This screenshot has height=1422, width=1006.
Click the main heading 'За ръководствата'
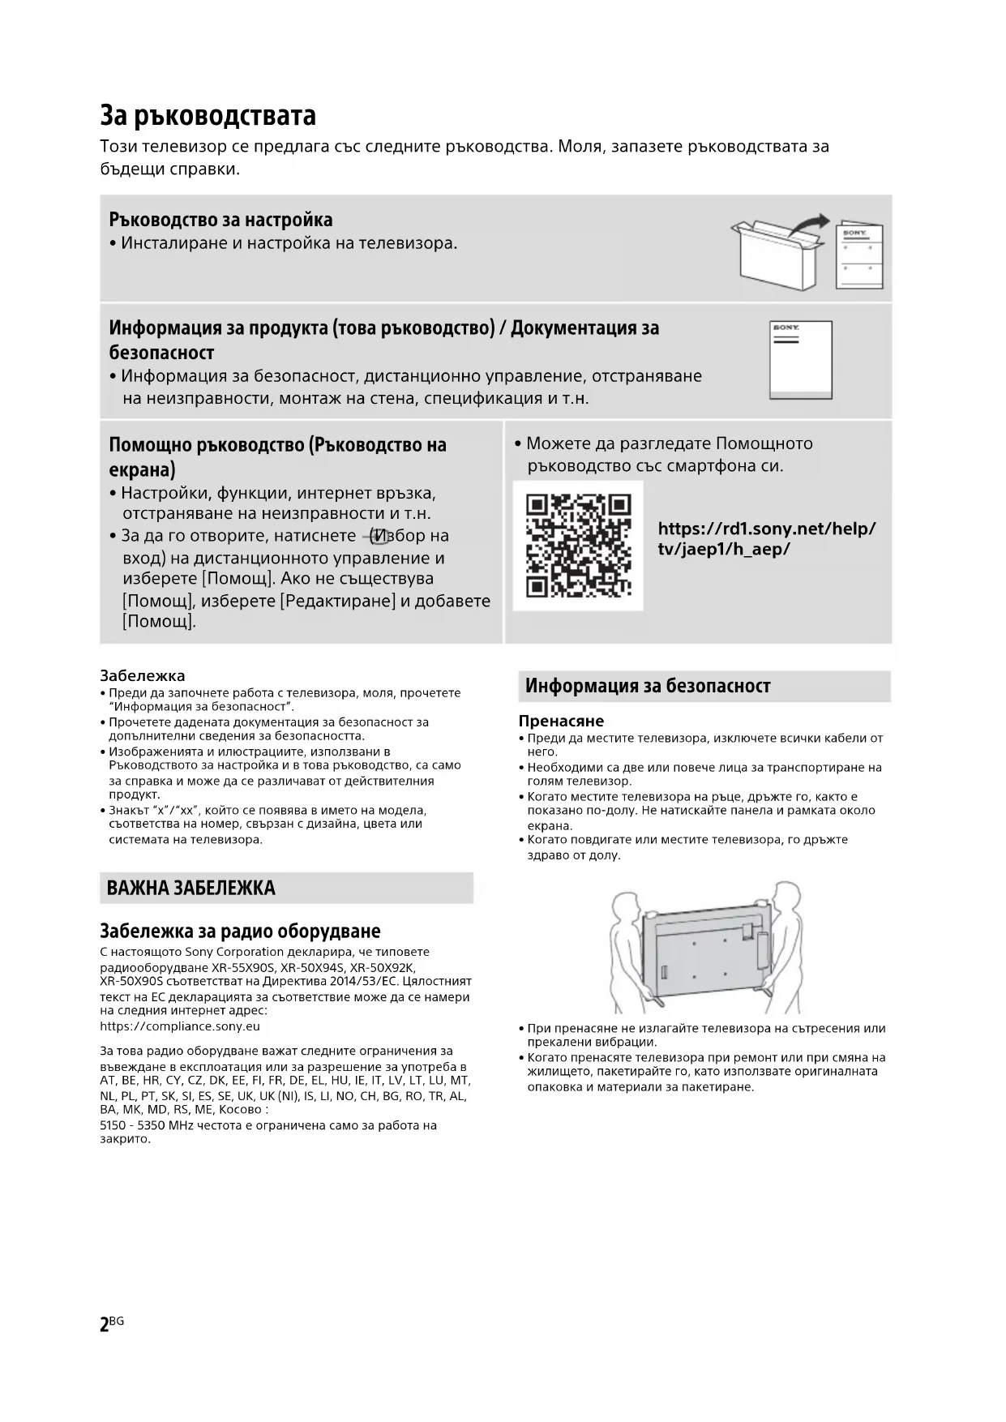click(x=208, y=115)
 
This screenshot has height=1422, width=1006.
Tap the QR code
click(x=578, y=546)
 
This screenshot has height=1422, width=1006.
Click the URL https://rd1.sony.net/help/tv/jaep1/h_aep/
click(x=766, y=538)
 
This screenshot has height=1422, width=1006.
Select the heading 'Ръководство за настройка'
click(x=220, y=220)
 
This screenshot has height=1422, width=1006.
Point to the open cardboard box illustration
click(x=775, y=255)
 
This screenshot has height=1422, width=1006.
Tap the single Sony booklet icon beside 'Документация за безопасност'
click(x=800, y=360)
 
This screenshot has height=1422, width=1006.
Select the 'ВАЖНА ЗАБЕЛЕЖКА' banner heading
click(x=191, y=888)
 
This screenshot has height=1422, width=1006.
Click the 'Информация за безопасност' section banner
click(x=648, y=686)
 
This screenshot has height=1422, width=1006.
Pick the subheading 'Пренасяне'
click(x=561, y=721)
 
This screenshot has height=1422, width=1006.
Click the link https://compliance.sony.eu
click(x=180, y=1026)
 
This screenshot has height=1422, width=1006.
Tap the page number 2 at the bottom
click(x=104, y=1325)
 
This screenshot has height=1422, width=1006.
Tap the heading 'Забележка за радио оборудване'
click(x=240, y=931)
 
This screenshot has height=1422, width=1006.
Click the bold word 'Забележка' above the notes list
click(x=142, y=675)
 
